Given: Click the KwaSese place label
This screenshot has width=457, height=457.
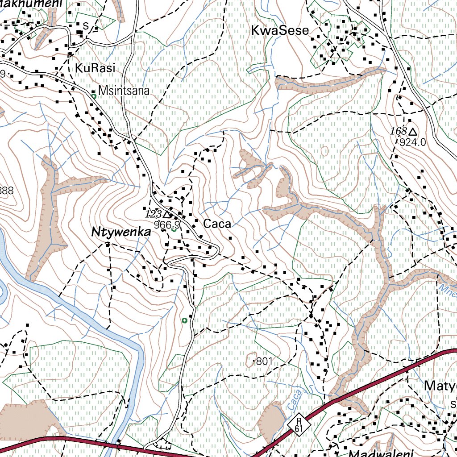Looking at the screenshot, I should click(280, 31).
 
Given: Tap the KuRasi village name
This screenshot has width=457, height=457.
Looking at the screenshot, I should click(96, 68).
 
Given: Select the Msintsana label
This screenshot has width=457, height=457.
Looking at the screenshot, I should click(124, 91).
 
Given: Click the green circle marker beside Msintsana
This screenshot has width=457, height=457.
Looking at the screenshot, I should click(94, 96).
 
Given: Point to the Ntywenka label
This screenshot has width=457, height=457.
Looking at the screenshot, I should click(121, 232).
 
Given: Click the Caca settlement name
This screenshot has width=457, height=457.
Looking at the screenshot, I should click(217, 224).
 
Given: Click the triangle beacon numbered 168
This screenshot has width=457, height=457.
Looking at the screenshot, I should click(413, 132).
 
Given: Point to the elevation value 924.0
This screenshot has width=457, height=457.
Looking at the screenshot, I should click(413, 142).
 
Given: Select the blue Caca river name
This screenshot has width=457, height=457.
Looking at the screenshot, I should click(293, 399).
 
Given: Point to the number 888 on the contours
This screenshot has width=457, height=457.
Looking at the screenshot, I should click(6, 191).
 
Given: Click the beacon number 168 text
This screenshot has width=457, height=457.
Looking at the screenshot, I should click(398, 131).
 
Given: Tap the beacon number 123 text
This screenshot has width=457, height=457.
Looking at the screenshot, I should click(154, 214).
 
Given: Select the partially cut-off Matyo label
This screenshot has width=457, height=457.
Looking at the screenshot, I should click(440, 385).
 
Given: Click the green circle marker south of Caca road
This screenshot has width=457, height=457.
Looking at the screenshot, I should click(185, 320).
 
